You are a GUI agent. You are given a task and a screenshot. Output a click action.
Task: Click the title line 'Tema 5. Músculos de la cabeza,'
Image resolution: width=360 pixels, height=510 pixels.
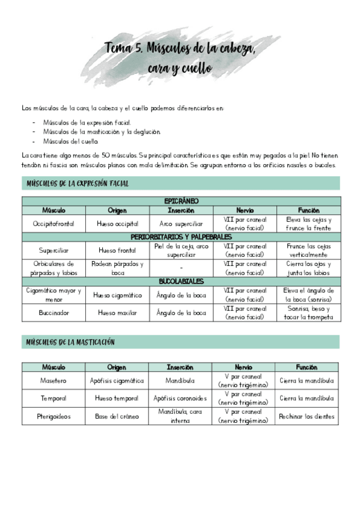pyautogui.click(x=180, y=48)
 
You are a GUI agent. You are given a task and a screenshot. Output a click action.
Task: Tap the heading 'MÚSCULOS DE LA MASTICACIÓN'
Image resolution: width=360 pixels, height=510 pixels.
pyautogui.click(x=70, y=342)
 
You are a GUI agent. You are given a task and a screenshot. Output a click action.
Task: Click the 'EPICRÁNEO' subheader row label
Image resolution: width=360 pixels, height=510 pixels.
pyautogui.click(x=181, y=201)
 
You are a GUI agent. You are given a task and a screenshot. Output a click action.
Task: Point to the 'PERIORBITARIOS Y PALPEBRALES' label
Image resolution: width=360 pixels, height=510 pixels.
pyautogui.click(x=181, y=237)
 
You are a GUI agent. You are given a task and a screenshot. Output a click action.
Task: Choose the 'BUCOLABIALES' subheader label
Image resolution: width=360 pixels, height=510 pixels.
pyautogui.click(x=181, y=281)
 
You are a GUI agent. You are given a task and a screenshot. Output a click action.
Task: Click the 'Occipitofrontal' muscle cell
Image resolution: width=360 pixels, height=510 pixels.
pyautogui.click(x=53, y=224)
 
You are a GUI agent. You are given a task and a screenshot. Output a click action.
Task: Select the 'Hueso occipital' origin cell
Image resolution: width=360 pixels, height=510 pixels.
pyautogui.click(x=117, y=224)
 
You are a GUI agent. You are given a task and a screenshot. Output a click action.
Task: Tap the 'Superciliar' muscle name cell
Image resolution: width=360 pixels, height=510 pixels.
pyautogui.click(x=53, y=250)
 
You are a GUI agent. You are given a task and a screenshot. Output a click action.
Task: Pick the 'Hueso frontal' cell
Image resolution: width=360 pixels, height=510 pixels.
pyautogui.click(x=117, y=250)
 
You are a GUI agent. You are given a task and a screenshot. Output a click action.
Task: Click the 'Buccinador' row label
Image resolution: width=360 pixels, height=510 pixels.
pyautogui.click(x=53, y=313)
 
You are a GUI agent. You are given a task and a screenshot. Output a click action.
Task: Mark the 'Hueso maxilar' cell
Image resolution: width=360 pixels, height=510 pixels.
pyautogui.click(x=117, y=313)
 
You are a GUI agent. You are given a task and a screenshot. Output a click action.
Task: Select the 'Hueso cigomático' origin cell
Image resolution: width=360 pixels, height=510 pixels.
pyautogui.click(x=117, y=295)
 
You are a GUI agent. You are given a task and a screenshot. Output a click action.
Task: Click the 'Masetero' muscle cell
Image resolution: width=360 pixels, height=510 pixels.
pyautogui.click(x=53, y=381)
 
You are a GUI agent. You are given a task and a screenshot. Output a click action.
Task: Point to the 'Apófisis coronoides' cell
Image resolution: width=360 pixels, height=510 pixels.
pyautogui.click(x=180, y=398)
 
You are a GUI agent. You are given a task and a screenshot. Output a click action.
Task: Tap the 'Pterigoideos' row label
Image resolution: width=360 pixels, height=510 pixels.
pyautogui.click(x=53, y=416)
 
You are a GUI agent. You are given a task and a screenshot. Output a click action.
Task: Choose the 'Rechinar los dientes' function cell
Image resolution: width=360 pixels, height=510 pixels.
pyautogui.click(x=307, y=416)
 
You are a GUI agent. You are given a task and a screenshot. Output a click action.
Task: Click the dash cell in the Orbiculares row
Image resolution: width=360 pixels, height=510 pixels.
pyautogui.click(x=181, y=268)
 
